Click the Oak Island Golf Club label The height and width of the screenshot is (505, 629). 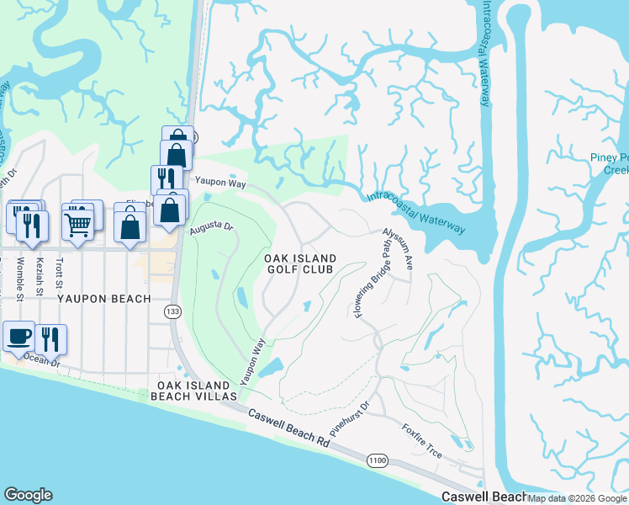[x=300, y=263]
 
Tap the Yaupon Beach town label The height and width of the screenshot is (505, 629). [x=104, y=299]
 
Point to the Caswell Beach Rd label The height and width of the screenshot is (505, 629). [x=288, y=428]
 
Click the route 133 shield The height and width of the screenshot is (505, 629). [x=172, y=312]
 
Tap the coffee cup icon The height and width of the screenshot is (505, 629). [x=18, y=336]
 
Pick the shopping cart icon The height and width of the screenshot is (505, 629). [x=77, y=223]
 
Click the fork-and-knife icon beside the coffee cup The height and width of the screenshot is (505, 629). [x=50, y=338]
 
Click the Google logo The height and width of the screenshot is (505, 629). [x=28, y=495]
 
